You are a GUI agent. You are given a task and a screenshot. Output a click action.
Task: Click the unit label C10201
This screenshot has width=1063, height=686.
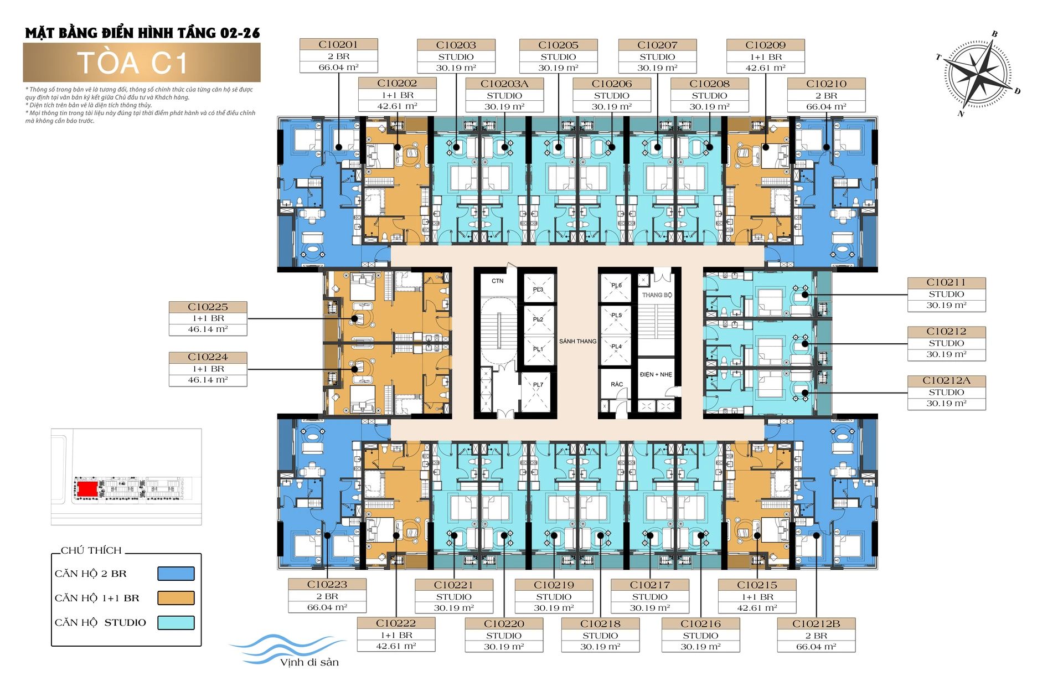point(338,44)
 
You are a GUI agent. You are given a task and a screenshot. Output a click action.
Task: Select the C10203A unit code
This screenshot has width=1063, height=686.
point(504,84)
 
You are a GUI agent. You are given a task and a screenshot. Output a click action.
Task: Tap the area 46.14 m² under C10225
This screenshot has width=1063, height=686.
point(208,329)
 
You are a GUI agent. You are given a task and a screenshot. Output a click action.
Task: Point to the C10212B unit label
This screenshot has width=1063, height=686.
point(816,623)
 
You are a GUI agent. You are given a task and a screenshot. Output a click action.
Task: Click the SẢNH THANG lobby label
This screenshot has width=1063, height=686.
point(577,342)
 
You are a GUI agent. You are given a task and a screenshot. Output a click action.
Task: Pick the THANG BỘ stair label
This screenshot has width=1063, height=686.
point(657,295)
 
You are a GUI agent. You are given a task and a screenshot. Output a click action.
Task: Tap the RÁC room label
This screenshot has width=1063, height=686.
point(617,384)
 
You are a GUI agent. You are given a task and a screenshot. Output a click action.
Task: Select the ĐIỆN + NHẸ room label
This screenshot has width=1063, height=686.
point(656,375)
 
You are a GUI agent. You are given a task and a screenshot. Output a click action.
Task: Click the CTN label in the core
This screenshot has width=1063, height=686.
point(498,281)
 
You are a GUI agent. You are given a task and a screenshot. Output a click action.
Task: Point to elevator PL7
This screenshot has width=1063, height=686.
point(538,385)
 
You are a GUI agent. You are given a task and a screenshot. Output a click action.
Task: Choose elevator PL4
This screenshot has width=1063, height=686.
point(616,347)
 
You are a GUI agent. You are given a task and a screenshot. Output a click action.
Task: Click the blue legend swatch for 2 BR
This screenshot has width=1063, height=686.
point(176,574)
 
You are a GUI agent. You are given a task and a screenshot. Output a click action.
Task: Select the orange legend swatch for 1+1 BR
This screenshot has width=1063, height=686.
point(176,598)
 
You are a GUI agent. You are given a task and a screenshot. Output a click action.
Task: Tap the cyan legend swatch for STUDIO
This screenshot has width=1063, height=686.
point(176,622)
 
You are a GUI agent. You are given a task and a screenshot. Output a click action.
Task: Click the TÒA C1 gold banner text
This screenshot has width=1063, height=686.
point(133,63)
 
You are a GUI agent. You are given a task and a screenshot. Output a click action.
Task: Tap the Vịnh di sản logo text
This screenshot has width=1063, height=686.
point(309,662)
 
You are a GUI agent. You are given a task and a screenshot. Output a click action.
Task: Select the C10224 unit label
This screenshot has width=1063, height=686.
point(208,357)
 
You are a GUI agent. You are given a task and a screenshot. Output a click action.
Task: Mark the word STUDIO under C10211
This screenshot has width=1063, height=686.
point(946,294)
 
